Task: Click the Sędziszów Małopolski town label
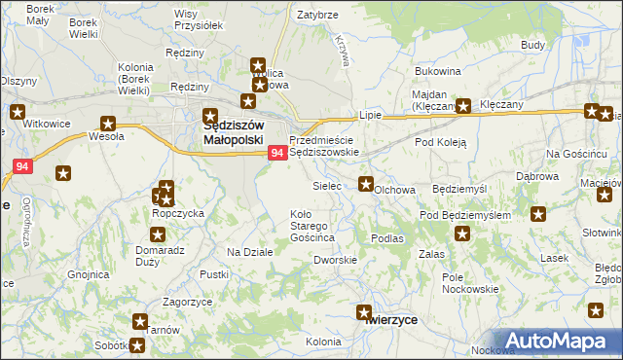click(234, 132)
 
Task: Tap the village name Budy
click(532, 45)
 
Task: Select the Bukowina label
click(437, 71)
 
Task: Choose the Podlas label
click(386, 237)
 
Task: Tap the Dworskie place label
click(334, 260)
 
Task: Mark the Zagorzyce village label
click(189, 303)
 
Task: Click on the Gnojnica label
click(89, 274)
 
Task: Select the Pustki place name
click(213, 275)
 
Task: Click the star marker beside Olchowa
click(366, 183)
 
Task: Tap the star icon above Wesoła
click(108, 124)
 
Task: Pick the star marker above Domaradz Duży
click(158, 234)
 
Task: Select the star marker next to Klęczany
click(464, 107)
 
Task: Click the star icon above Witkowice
click(18, 111)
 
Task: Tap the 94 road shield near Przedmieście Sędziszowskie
click(277, 153)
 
